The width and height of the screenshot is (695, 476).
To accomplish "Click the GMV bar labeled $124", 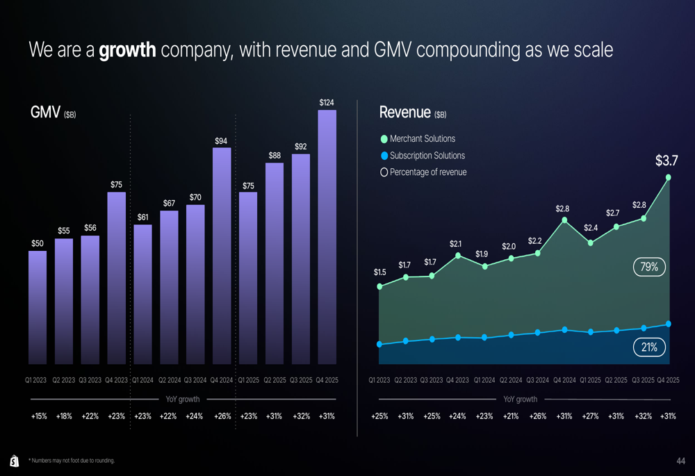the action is click(327, 237).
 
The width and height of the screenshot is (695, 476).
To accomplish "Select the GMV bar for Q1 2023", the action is click(38, 308).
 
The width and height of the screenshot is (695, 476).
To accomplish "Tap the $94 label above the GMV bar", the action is click(221, 141).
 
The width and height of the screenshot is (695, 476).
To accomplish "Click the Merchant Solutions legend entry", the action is click(418, 139).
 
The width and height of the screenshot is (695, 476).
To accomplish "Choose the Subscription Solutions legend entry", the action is click(423, 156).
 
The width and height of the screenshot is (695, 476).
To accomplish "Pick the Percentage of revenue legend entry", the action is click(424, 172).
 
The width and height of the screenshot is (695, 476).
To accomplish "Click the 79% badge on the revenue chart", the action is click(649, 267).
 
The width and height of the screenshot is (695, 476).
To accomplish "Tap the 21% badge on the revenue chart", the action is click(649, 347).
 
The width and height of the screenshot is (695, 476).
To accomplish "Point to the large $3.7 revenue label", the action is click(667, 161).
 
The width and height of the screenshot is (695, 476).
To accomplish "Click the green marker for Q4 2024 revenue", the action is click(564, 220).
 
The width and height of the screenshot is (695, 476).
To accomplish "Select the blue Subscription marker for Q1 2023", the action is click(379, 345).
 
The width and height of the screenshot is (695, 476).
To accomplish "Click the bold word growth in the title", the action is click(128, 50).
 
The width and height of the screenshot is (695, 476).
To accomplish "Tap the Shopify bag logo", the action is click(15, 461).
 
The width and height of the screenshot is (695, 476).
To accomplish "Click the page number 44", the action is click(681, 461).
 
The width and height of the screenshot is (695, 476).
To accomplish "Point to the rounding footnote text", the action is click(72, 461).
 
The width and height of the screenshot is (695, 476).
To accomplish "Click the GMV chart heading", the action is click(54, 113).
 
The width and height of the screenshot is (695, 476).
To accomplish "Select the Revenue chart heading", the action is click(413, 113).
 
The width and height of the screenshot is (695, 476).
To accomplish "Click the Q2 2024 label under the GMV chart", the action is click(170, 380).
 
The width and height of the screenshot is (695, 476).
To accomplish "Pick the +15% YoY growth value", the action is click(39, 416).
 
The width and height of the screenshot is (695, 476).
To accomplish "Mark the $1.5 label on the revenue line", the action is click(380, 272).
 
